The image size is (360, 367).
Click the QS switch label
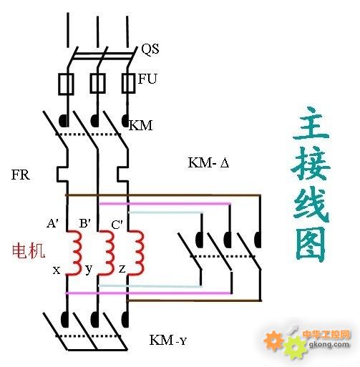point(150,49)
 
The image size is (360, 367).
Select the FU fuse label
point(147,79)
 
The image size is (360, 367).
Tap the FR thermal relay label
point(21,175)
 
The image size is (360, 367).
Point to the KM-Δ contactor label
point(209,162)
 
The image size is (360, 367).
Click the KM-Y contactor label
point(167,340)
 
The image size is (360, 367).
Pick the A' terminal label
point(52,223)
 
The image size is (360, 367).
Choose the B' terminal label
point(85,223)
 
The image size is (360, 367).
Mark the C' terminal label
point(117,225)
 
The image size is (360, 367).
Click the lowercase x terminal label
point(57,270)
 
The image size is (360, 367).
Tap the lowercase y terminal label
point(89,270)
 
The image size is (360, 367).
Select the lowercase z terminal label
point(122,270)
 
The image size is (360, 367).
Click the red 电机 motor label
point(29,251)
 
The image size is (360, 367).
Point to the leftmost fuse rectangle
point(66,84)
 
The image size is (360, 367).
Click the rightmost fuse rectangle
point(128,83)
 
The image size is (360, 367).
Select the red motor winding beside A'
point(74,253)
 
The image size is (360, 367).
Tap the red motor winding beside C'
point(137,253)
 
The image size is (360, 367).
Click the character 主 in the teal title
point(311,124)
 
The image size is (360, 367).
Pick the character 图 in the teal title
point(311,244)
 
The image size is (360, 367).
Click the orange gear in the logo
point(274,341)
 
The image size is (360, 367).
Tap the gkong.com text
point(329,345)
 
